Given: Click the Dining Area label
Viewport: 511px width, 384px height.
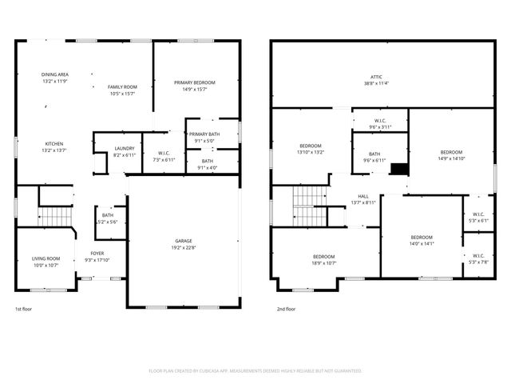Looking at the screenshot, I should pyautogui.click(x=55, y=74).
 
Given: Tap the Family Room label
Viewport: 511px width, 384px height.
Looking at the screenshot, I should pyautogui.click(x=122, y=86).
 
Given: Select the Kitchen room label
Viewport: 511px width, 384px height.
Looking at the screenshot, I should pyautogui.click(x=54, y=144).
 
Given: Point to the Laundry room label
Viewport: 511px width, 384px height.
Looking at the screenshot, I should pyautogui.click(x=124, y=148).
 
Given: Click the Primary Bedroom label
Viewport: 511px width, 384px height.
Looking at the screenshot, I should pyautogui.click(x=195, y=82).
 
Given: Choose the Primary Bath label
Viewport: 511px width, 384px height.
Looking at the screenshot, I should pyautogui.click(x=204, y=134).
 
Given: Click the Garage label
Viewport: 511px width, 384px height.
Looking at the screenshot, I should pyautogui.click(x=184, y=241).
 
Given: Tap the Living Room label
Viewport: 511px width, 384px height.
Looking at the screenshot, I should pyautogui.click(x=46, y=258).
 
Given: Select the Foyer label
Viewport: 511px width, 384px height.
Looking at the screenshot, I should pyautogui.click(x=97, y=254).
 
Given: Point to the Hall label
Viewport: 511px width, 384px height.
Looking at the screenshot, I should pyautogui.click(x=363, y=196).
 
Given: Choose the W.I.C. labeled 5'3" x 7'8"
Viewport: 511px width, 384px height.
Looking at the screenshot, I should pyautogui.click(x=478, y=256).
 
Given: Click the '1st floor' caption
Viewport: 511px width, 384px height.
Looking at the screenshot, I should pyautogui.click(x=24, y=309).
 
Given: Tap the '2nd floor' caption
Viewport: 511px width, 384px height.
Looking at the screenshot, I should pyautogui.click(x=286, y=309).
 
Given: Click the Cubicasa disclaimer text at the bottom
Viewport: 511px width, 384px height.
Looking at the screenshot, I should pyautogui.click(x=255, y=371).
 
